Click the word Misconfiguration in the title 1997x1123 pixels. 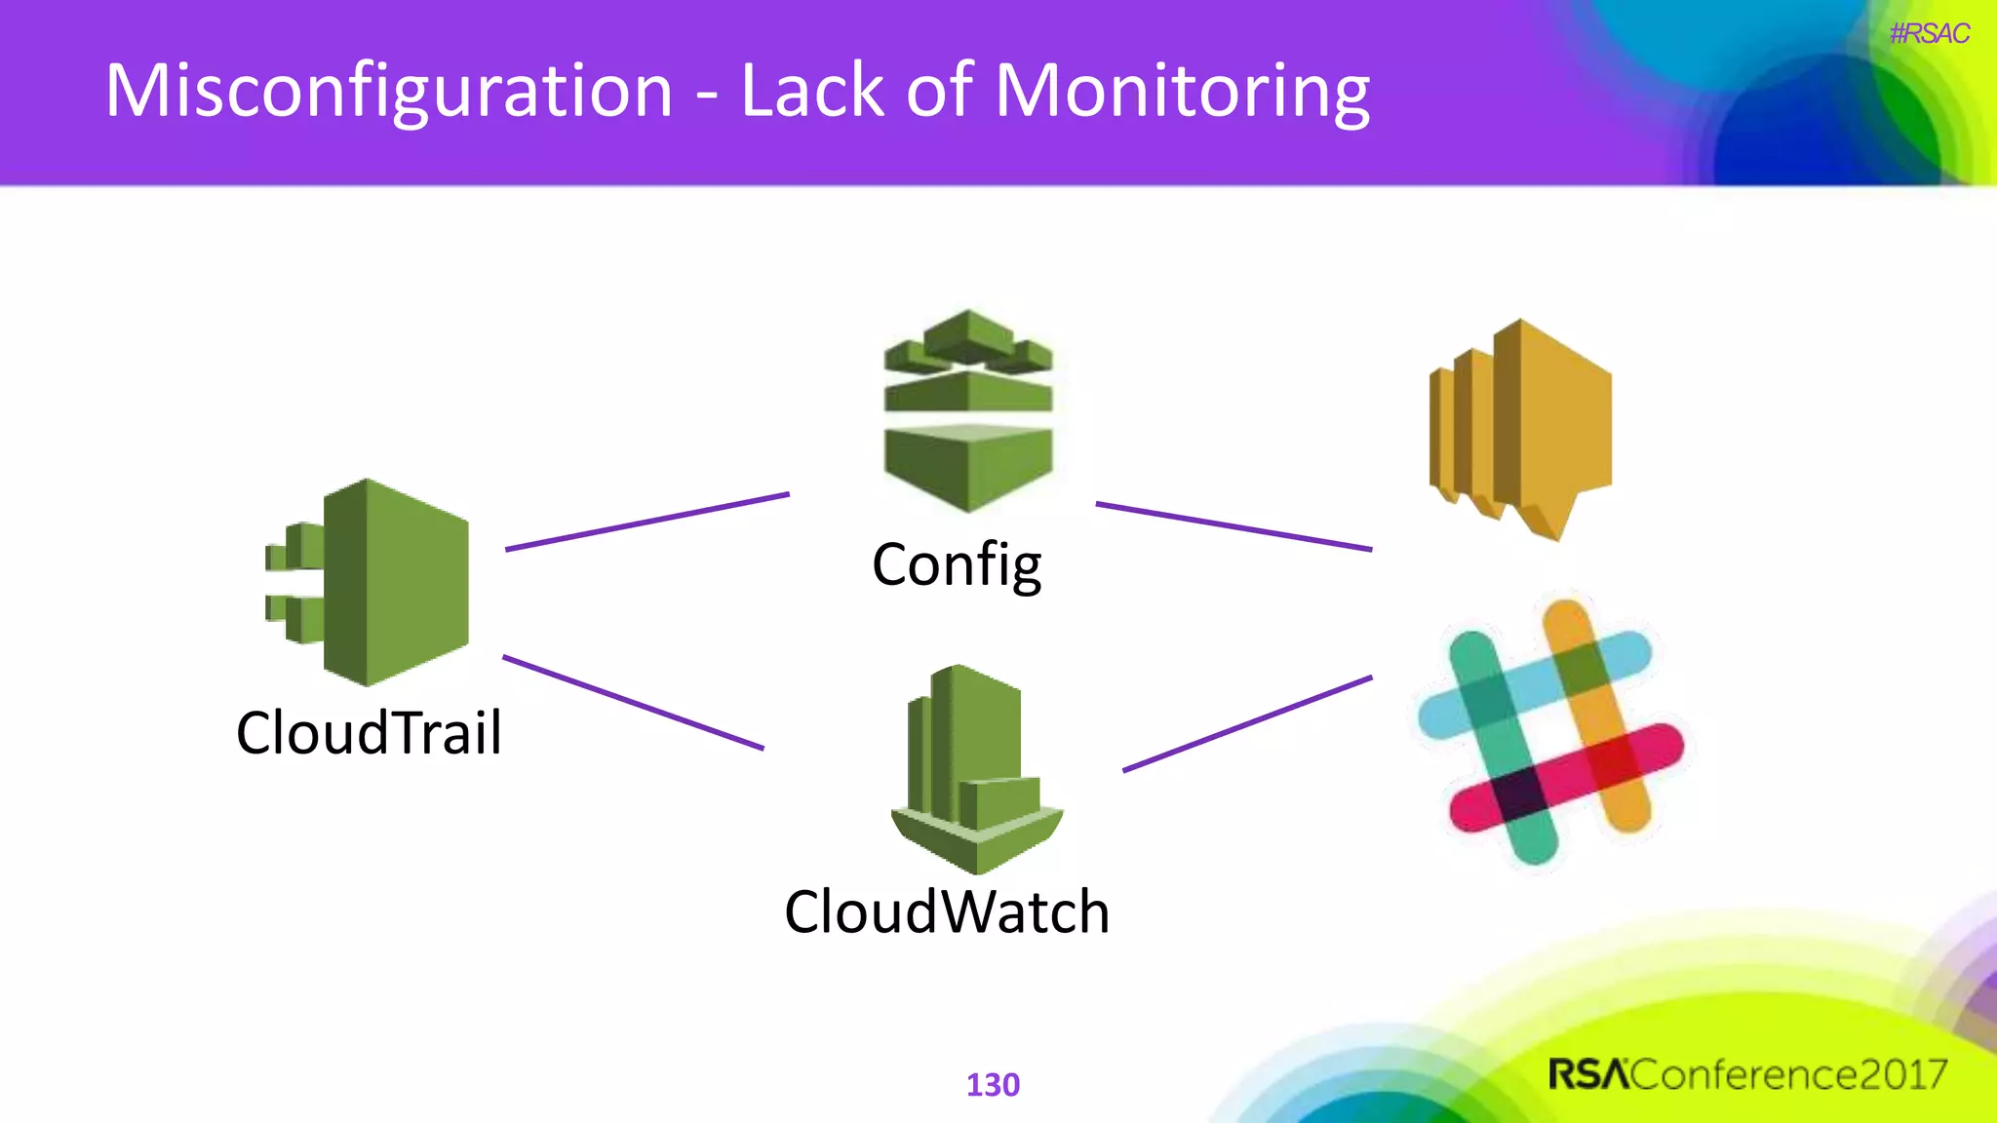[388, 91]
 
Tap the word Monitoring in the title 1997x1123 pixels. [1182, 91]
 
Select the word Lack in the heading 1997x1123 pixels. [811, 91]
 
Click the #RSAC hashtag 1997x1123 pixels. [1929, 34]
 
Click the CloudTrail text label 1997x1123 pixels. [369, 733]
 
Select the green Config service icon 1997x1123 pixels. [968, 410]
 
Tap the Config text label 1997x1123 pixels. [957, 565]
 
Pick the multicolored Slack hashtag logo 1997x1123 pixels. [1550, 731]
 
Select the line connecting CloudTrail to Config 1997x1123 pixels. [647, 523]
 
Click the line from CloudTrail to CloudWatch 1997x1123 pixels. [634, 703]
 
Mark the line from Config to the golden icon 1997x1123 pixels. [1233, 526]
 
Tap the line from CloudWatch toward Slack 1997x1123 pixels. [1247, 723]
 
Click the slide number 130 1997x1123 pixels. [993, 1085]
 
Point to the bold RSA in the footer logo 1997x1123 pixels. [1588, 1075]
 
